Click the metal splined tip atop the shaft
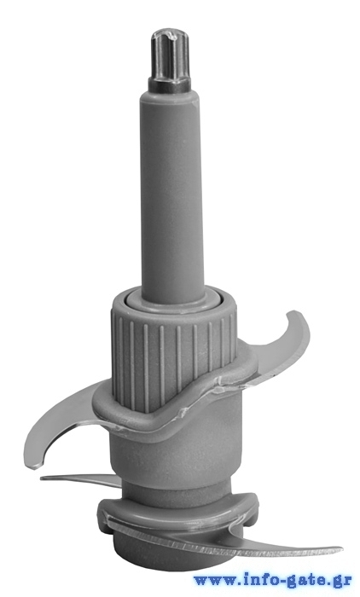tap(172, 54)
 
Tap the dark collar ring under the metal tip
tap(173, 82)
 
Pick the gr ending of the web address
tap(342, 581)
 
